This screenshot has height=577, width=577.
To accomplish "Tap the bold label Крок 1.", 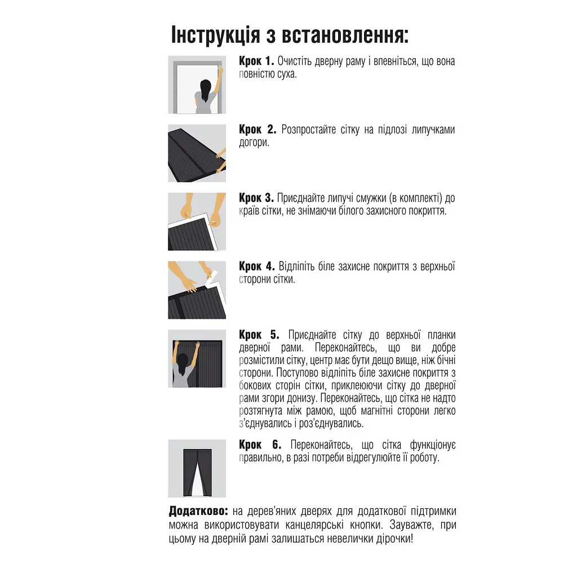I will pyautogui.click(x=256, y=61).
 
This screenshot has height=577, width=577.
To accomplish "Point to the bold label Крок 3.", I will pyautogui.click(x=256, y=198).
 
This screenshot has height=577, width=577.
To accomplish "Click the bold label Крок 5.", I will pyautogui.click(x=258, y=335).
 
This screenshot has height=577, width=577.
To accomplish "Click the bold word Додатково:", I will pyautogui.click(x=198, y=511).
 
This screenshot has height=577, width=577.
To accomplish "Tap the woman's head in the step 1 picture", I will pyautogui.click(x=206, y=86).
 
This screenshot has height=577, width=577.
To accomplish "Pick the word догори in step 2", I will pyautogui.click(x=254, y=143).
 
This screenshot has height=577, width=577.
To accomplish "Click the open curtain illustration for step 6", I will pyautogui.click(x=197, y=468).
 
